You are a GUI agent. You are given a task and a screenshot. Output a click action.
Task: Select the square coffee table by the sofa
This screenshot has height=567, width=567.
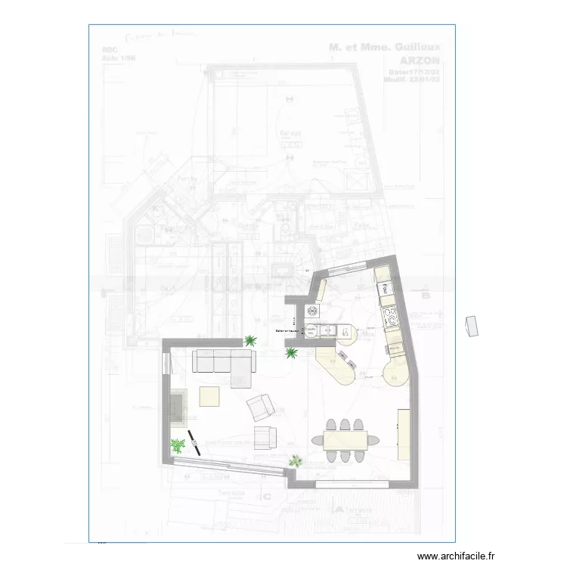209,396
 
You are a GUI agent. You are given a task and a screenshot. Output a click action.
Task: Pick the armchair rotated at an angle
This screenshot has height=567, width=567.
260,407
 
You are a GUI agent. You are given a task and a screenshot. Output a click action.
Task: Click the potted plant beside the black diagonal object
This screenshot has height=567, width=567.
178,446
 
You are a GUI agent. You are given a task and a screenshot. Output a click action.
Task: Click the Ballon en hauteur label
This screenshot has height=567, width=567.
287,331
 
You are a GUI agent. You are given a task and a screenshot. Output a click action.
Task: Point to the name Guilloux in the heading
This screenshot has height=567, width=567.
415,47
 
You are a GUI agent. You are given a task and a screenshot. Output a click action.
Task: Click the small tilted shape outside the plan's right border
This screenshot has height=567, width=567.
473,326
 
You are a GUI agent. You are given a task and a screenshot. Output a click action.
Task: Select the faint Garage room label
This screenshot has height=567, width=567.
292,132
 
